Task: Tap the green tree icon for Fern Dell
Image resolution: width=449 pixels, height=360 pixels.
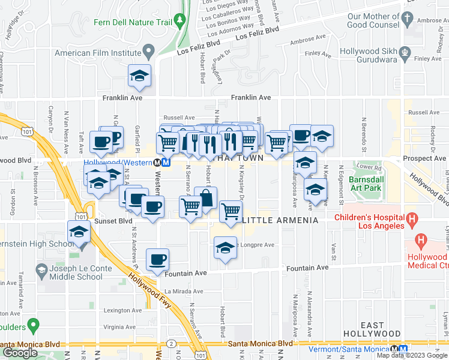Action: (180, 22)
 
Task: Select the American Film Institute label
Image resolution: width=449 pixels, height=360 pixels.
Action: (97, 53)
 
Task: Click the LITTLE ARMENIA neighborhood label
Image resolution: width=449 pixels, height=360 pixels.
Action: (280, 220)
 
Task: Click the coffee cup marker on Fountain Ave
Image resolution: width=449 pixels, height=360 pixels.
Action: (157, 259)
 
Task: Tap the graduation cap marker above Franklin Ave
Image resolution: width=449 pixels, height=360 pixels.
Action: (139, 75)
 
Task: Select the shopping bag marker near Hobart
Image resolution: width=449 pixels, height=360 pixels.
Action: (205, 197)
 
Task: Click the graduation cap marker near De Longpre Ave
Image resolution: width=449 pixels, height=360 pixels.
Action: (224, 248)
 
